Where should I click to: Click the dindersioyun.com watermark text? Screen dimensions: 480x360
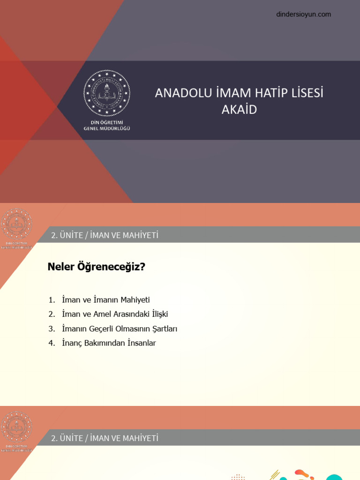pyautogui.click(x=304, y=15)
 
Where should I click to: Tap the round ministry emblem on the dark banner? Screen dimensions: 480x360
pyautogui.click(x=107, y=93)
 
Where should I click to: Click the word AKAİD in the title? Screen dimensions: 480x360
pyautogui.click(x=239, y=110)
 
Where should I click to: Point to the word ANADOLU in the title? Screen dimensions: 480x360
pyautogui.click(x=177, y=93)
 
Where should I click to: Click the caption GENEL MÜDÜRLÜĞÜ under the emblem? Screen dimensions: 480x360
pyautogui.click(x=107, y=128)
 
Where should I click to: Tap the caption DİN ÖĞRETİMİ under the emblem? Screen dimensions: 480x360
pyautogui.click(x=107, y=122)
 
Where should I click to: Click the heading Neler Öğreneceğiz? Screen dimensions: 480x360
pyautogui.click(x=97, y=267)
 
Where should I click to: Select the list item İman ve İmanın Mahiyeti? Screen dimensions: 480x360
pyautogui.click(x=105, y=300)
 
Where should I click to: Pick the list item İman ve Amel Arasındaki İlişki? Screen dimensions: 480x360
pyautogui.click(x=115, y=314)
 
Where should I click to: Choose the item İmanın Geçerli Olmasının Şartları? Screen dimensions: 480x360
pyautogui.click(x=120, y=329)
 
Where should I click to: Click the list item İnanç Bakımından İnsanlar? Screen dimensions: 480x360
pyautogui.click(x=109, y=343)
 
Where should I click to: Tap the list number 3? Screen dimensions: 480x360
pyautogui.click(x=51, y=329)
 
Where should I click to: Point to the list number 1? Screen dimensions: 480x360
pyautogui.click(x=51, y=300)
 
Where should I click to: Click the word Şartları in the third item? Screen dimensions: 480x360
pyautogui.click(x=163, y=329)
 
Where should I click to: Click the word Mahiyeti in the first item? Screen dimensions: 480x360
pyautogui.click(x=135, y=300)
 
